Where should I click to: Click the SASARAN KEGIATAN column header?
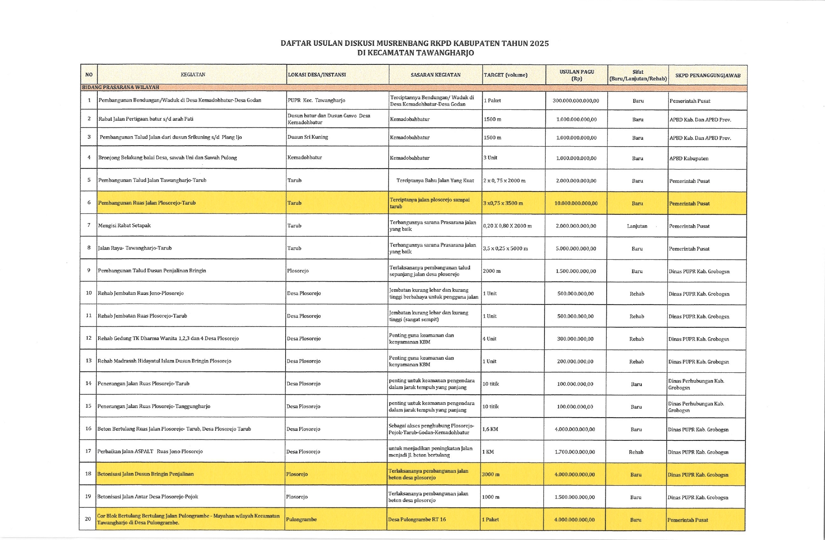click(435, 75)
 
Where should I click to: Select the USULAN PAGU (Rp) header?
click(577, 75)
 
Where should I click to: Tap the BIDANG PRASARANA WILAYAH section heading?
click(121, 88)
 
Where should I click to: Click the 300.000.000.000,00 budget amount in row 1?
click(576, 101)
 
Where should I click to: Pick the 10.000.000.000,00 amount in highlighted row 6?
click(576, 203)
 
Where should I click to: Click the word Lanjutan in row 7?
click(637, 226)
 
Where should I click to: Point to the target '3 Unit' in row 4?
click(490, 158)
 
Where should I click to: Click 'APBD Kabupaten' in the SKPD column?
click(689, 158)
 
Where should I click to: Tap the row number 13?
click(88, 361)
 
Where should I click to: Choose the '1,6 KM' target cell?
click(490, 429)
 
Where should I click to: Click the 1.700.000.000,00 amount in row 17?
click(575, 452)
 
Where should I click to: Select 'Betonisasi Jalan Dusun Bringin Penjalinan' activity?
click(146, 474)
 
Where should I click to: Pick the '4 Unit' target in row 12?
click(489, 339)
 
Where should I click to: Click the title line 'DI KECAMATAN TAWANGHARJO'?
click(415, 53)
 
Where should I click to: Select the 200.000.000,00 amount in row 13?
click(575, 362)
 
